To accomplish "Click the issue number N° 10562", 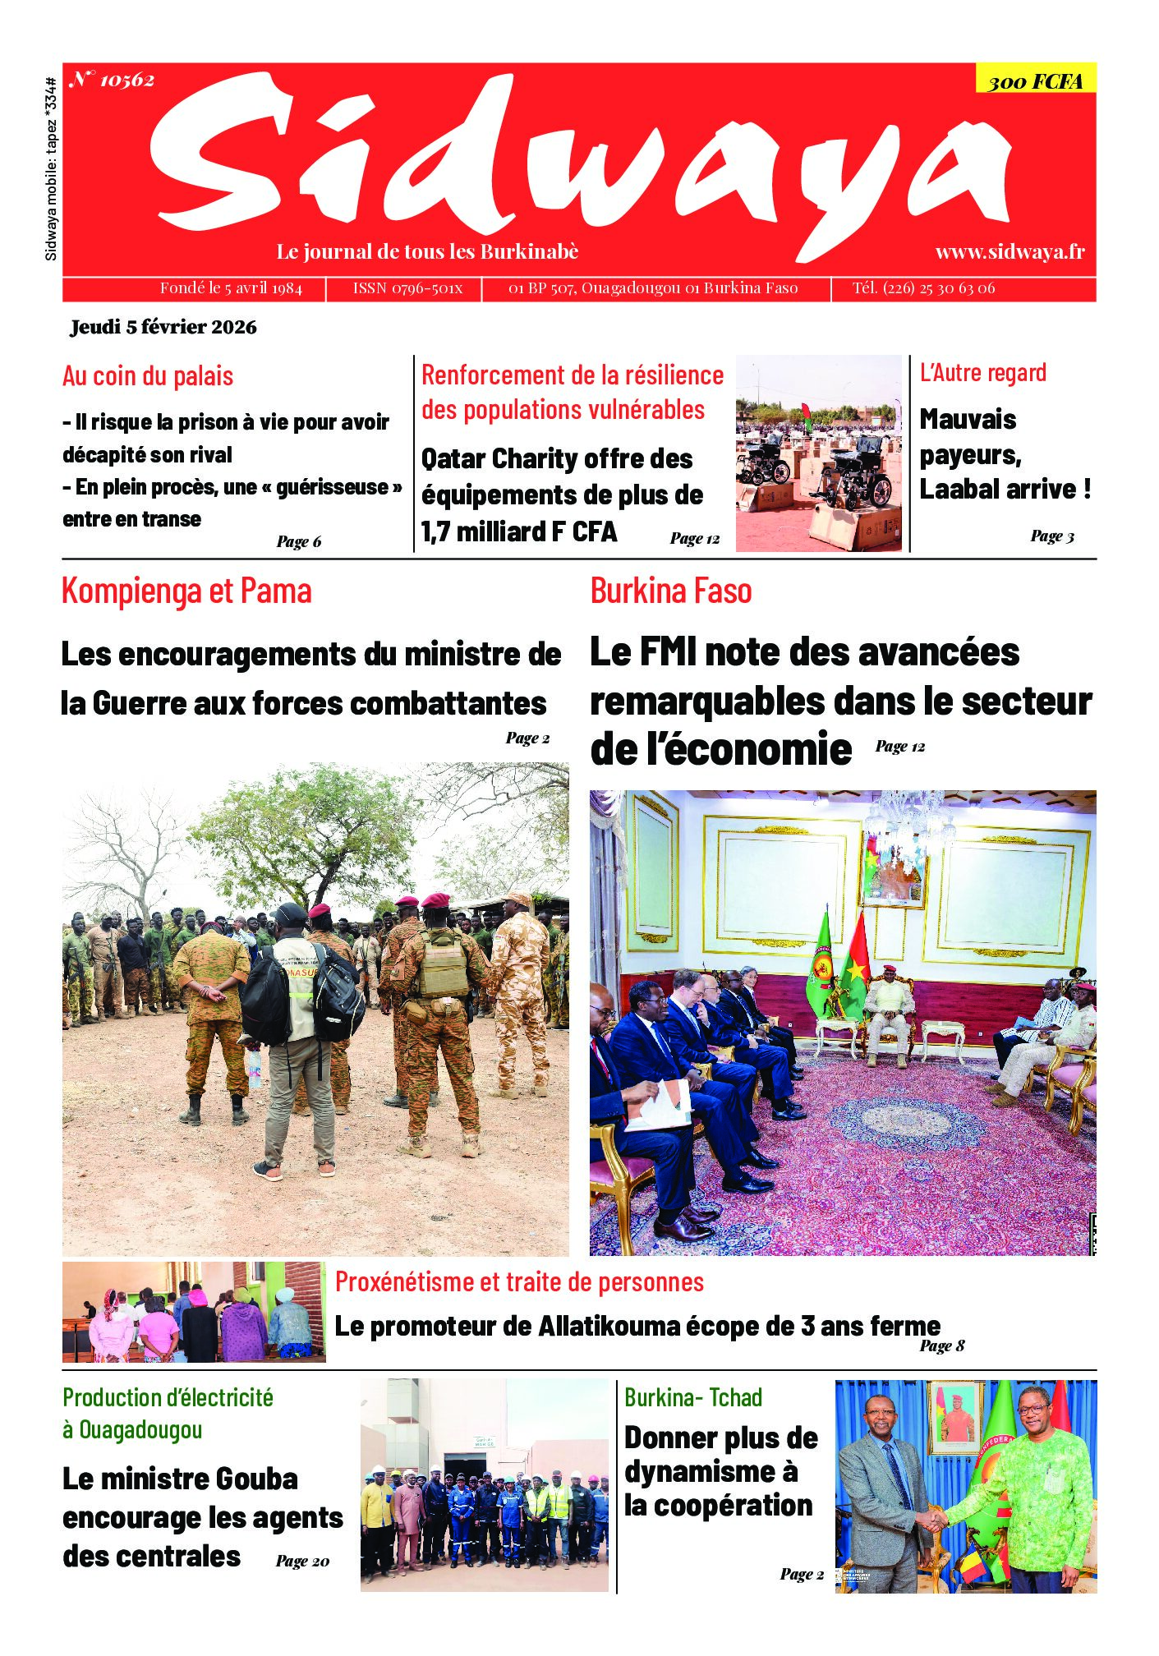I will pyautogui.click(x=112, y=80).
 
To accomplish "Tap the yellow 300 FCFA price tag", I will pyautogui.click(x=1035, y=80).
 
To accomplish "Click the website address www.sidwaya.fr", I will pyautogui.click(x=1010, y=252).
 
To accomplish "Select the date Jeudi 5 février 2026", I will pyautogui.click(x=163, y=327).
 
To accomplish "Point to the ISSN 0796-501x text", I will pyautogui.click(x=407, y=288).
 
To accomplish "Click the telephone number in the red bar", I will pyautogui.click(x=923, y=288).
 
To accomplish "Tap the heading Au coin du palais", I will pyautogui.click(x=148, y=376).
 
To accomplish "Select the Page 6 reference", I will pyautogui.click(x=299, y=541).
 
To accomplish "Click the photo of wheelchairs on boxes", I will pyautogui.click(x=818, y=453).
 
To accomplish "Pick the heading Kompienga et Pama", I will pyautogui.click(x=186, y=591).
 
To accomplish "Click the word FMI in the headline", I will pyautogui.click(x=667, y=652).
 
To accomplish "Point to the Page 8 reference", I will pyautogui.click(x=941, y=1345).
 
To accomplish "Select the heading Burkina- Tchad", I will pyautogui.click(x=693, y=1397).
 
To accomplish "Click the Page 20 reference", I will pyautogui.click(x=302, y=1561).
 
